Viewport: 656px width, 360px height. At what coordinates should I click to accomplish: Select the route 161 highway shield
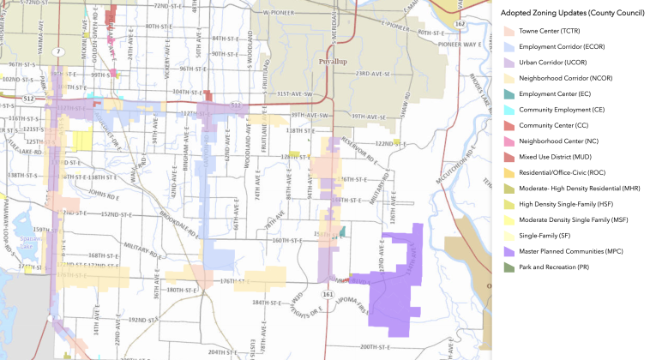pos(328,294)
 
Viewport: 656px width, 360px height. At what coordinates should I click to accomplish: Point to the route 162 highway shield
pos(460,24)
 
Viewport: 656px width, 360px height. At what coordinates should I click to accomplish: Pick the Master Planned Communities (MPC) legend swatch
pos(509,251)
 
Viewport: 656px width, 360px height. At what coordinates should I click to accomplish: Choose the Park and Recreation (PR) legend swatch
pos(509,267)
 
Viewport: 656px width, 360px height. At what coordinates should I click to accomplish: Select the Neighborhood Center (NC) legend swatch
pos(509,139)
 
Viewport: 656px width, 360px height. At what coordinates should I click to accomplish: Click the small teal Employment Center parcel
pos(342,231)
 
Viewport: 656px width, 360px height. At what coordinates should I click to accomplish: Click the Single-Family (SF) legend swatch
pos(509,235)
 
